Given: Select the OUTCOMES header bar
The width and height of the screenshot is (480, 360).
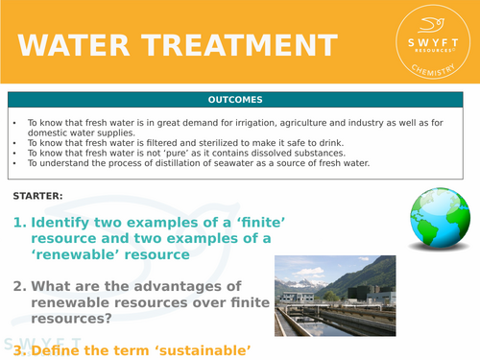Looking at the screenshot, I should [239, 99].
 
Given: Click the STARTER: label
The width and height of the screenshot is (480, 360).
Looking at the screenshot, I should [38, 196].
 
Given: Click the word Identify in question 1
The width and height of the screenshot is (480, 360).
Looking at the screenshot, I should [62, 222].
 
